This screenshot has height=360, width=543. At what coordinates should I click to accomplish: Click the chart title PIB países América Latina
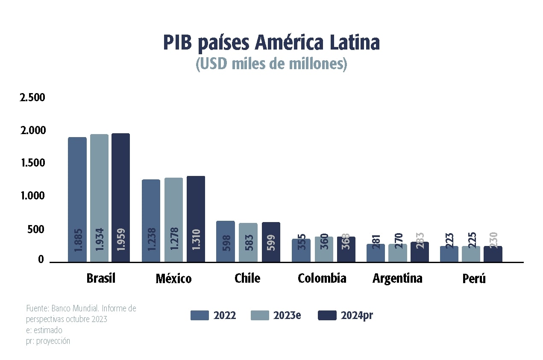(x=271, y=43)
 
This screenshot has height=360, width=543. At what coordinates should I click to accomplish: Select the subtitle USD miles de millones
(x=271, y=64)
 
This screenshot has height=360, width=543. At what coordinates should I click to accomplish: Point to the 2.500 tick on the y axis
(x=32, y=98)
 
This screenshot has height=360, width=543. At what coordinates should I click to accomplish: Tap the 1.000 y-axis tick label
(x=32, y=196)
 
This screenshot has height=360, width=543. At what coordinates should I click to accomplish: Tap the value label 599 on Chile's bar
(x=271, y=242)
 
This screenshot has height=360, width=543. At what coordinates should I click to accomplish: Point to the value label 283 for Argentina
(x=420, y=242)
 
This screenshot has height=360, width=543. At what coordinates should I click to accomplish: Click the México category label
(x=173, y=279)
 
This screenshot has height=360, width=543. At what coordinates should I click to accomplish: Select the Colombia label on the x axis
(x=322, y=278)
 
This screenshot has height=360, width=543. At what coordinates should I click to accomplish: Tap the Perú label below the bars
(x=474, y=279)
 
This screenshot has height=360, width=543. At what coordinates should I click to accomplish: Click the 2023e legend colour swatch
(x=259, y=316)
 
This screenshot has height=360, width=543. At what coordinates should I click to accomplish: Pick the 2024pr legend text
(x=357, y=316)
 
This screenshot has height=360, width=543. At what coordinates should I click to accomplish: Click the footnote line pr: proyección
(x=48, y=341)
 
